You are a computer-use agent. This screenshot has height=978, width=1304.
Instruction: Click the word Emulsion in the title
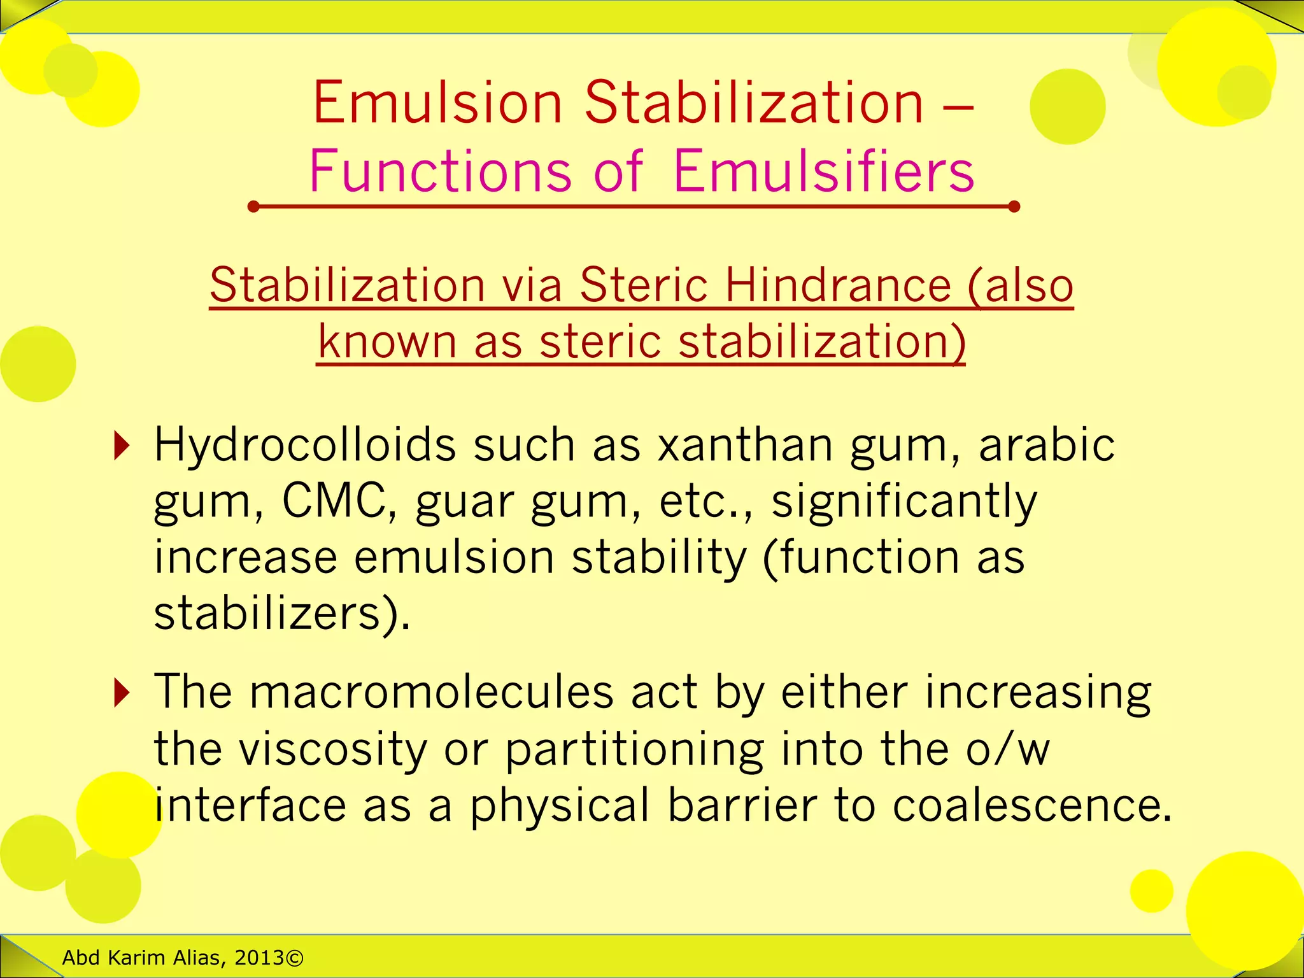click(x=437, y=103)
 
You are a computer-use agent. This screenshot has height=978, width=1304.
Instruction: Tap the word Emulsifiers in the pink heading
click(x=823, y=171)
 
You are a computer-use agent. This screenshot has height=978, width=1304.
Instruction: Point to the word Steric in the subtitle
click(x=644, y=285)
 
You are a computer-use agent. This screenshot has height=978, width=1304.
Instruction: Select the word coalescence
click(x=1031, y=805)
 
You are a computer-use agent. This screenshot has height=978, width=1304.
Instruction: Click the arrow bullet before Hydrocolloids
click(x=121, y=446)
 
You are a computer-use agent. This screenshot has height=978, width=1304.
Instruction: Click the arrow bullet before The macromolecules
click(x=121, y=693)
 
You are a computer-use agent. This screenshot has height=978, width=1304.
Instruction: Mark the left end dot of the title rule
click(x=253, y=206)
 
